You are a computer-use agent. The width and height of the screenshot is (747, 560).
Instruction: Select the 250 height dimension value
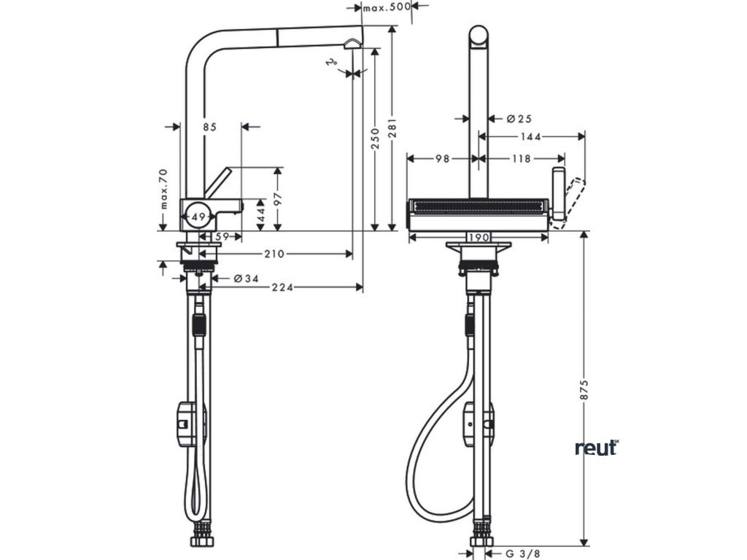[x=375, y=138]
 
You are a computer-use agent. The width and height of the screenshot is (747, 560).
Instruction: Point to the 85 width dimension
[x=210, y=127]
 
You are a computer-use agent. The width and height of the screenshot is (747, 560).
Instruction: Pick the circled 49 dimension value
[x=196, y=216]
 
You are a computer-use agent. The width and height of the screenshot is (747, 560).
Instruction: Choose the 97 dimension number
[x=277, y=199]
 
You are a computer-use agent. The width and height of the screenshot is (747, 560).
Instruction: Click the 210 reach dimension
[x=274, y=254]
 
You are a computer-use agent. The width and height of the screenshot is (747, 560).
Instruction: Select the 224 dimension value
[x=284, y=287]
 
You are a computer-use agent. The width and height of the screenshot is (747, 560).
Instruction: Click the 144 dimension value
[x=530, y=136]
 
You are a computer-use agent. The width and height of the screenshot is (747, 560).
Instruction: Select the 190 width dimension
[x=479, y=238]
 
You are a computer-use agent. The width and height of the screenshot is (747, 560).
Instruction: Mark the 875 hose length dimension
[x=584, y=389]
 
